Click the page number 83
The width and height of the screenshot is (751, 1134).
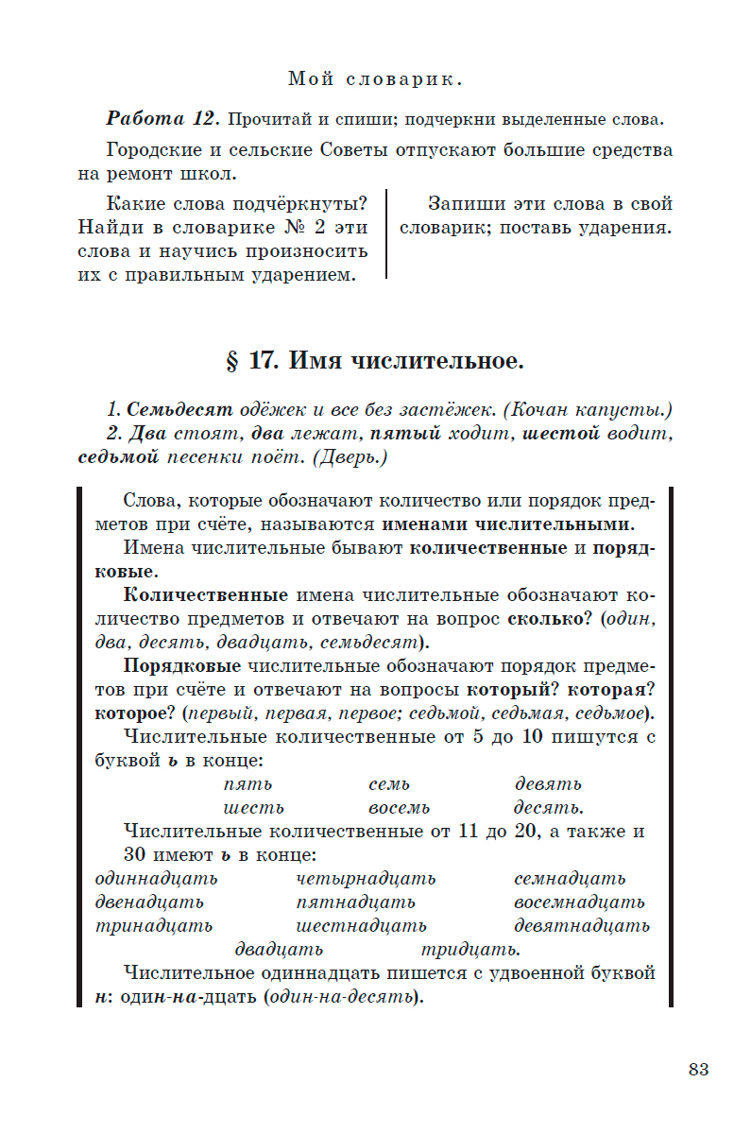tap(698, 1070)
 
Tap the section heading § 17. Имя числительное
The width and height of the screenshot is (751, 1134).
tap(375, 361)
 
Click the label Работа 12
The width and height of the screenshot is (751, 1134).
tap(162, 120)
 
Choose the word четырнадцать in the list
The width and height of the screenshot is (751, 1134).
tap(366, 879)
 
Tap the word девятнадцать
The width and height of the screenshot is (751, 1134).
tap(581, 925)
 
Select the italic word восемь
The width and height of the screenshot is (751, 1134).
tap(399, 808)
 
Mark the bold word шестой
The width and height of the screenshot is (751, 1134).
tap(561, 434)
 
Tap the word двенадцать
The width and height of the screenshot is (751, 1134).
tap(149, 902)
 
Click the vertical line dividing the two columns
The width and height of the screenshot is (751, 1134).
tap(386, 235)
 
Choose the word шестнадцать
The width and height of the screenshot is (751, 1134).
tap(361, 925)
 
